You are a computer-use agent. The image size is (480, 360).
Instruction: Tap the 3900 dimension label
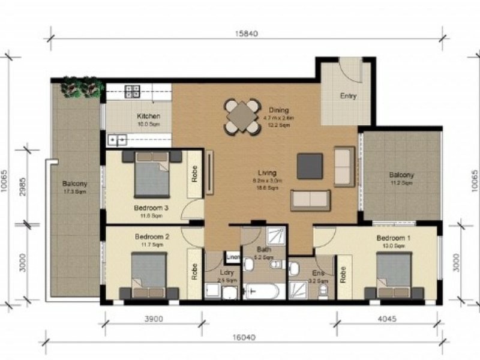(154, 319)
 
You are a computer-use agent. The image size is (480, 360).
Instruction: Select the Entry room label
(348, 96)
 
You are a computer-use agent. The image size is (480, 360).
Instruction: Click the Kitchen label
(148, 116)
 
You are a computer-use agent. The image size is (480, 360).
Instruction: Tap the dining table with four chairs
(242, 116)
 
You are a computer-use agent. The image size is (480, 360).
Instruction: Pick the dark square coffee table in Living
(310, 166)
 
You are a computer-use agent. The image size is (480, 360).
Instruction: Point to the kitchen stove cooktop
(133, 91)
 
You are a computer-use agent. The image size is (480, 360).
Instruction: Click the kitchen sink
(116, 140)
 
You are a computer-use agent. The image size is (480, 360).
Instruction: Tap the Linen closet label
(233, 257)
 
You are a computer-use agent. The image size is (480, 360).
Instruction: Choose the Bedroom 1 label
(394, 238)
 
